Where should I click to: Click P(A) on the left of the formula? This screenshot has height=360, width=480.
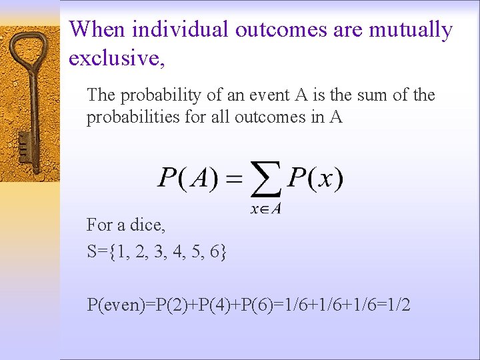click(x=190, y=178)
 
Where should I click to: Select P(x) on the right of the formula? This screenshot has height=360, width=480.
click(x=315, y=178)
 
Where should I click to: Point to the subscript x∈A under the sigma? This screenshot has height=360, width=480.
click(x=266, y=208)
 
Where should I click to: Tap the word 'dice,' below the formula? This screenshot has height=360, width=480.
click(x=147, y=225)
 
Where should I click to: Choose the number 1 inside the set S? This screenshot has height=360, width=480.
click(x=119, y=252)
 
